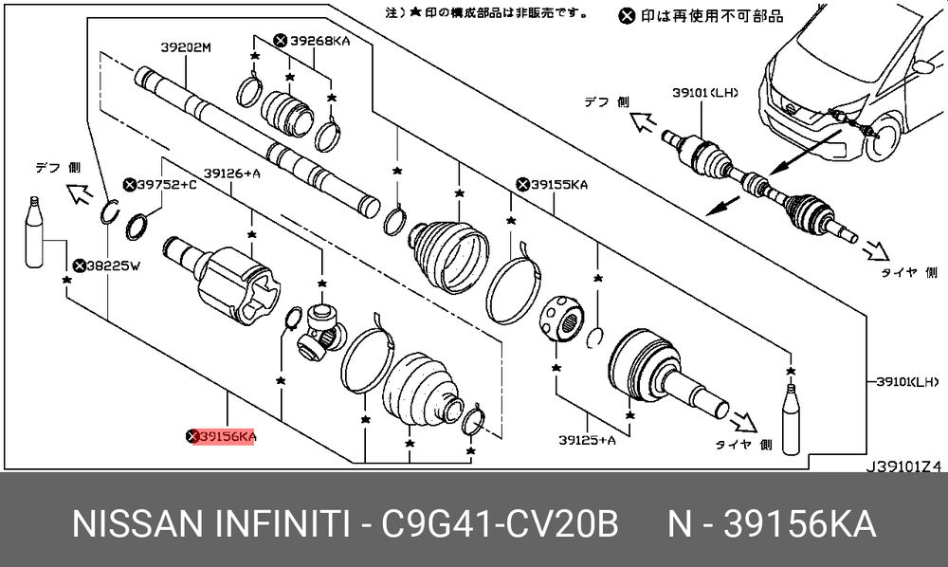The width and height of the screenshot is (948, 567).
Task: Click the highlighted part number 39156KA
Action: (x=224, y=436)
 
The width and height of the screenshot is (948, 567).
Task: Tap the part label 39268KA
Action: (x=312, y=40)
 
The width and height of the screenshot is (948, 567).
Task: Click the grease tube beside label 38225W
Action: (x=34, y=235)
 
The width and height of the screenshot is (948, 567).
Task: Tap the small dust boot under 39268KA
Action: (x=285, y=112)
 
